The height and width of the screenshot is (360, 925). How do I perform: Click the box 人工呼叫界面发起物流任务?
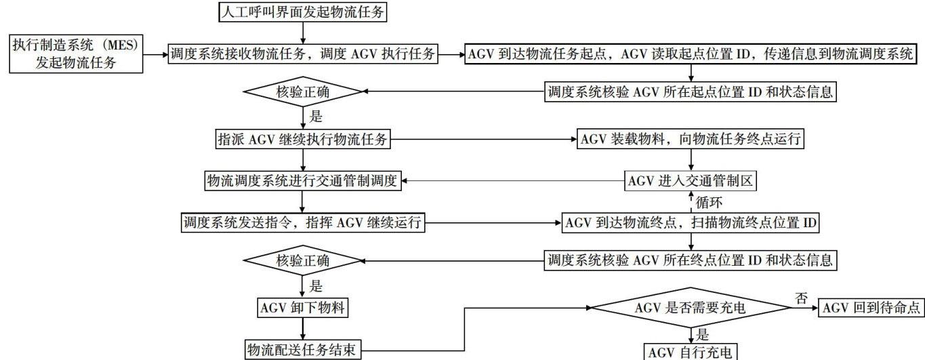click(303, 12)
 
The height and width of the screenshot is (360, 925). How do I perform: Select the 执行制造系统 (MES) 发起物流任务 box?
click(75, 54)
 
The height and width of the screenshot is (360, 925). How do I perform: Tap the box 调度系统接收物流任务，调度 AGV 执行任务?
click(303, 54)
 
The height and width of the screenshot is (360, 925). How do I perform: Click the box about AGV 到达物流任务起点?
click(691, 54)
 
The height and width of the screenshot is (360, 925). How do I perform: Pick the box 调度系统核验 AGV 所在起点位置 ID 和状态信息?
click(691, 91)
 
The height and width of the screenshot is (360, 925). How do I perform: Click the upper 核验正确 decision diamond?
click(303, 91)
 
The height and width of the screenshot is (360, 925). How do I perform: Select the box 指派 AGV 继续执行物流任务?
click(303, 140)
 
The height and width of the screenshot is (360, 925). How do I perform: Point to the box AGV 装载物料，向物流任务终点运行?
click(691, 140)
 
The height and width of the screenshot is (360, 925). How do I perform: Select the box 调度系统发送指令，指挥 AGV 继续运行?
click(303, 222)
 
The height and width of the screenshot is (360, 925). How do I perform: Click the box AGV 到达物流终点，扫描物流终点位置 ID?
click(691, 222)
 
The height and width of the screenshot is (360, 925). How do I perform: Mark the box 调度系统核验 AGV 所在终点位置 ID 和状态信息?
click(691, 259)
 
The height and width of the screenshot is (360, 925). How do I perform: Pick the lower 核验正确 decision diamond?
click(303, 260)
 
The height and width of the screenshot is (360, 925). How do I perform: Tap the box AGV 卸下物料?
click(303, 308)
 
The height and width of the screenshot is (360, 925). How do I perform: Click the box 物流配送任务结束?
click(303, 350)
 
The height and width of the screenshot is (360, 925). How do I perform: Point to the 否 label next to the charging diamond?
click(802, 297)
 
